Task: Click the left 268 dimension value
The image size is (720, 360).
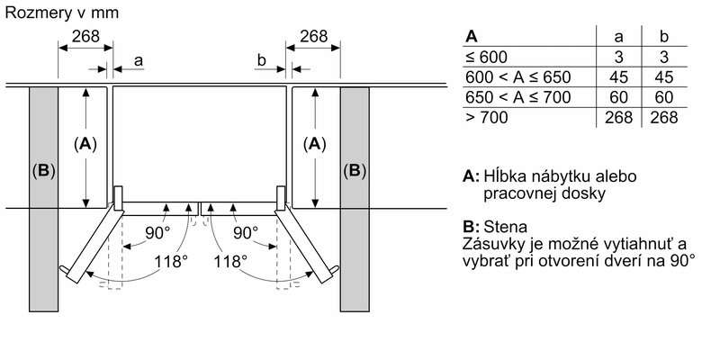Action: tap(85, 37)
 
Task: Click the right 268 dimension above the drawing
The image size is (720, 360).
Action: tap(313, 37)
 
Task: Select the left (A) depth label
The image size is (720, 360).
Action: tap(85, 143)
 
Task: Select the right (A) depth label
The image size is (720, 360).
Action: tap(315, 143)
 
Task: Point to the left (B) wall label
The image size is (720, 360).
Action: tap(43, 170)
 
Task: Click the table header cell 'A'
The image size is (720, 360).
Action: tap(471, 37)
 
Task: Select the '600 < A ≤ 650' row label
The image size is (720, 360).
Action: tap(517, 76)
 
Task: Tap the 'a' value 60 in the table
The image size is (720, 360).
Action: tap(618, 96)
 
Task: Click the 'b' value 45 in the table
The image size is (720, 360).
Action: tap(663, 76)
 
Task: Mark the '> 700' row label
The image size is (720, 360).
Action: tap(484, 117)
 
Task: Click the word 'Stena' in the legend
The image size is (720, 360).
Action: tap(506, 227)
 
